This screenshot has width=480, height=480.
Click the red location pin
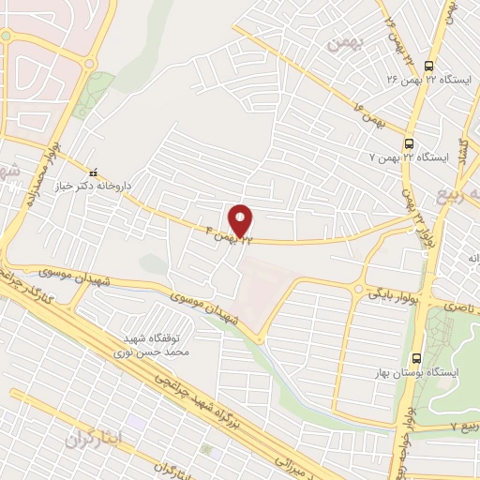pyautogui.click(x=241, y=220)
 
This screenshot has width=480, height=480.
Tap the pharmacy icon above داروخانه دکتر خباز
pyautogui.click(x=92, y=172)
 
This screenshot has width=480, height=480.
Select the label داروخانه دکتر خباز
pyautogui.click(x=92, y=186)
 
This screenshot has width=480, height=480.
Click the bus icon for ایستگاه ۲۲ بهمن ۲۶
pyautogui.click(x=428, y=66)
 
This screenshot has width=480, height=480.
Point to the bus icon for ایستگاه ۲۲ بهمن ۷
pyautogui.click(x=409, y=143)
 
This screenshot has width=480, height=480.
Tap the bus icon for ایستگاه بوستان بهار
pyautogui.click(x=416, y=358)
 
